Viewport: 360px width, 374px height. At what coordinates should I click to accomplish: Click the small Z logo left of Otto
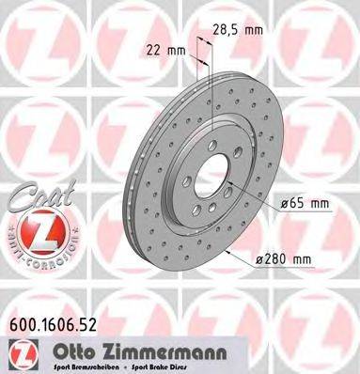coord(17,351)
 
